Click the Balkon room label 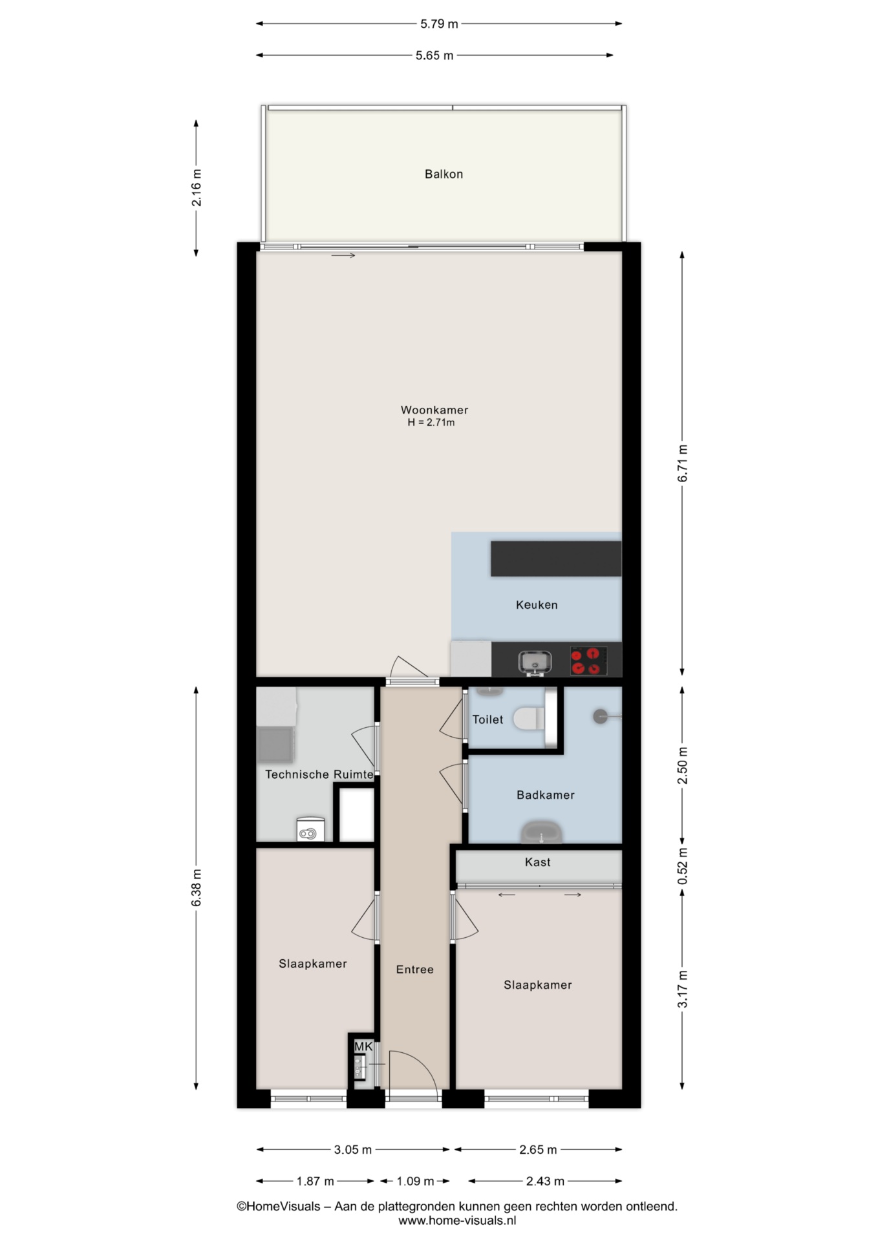tap(444, 174)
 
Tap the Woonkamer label tap(434, 410)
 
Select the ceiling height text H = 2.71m tap(431, 423)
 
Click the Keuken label tap(537, 605)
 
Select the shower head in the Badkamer tap(601, 716)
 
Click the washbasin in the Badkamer tap(542, 832)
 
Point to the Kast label tap(538, 862)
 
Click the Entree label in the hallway tap(415, 969)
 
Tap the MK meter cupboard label tap(363, 1046)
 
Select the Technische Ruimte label tap(319, 774)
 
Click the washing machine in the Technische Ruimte tap(310, 829)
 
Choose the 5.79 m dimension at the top tap(439, 24)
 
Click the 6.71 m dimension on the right tap(683, 463)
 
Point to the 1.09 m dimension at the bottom tap(415, 1181)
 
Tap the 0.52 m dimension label tap(683, 866)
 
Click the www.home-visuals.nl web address tap(457, 1221)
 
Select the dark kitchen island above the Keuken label tap(556, 558)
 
